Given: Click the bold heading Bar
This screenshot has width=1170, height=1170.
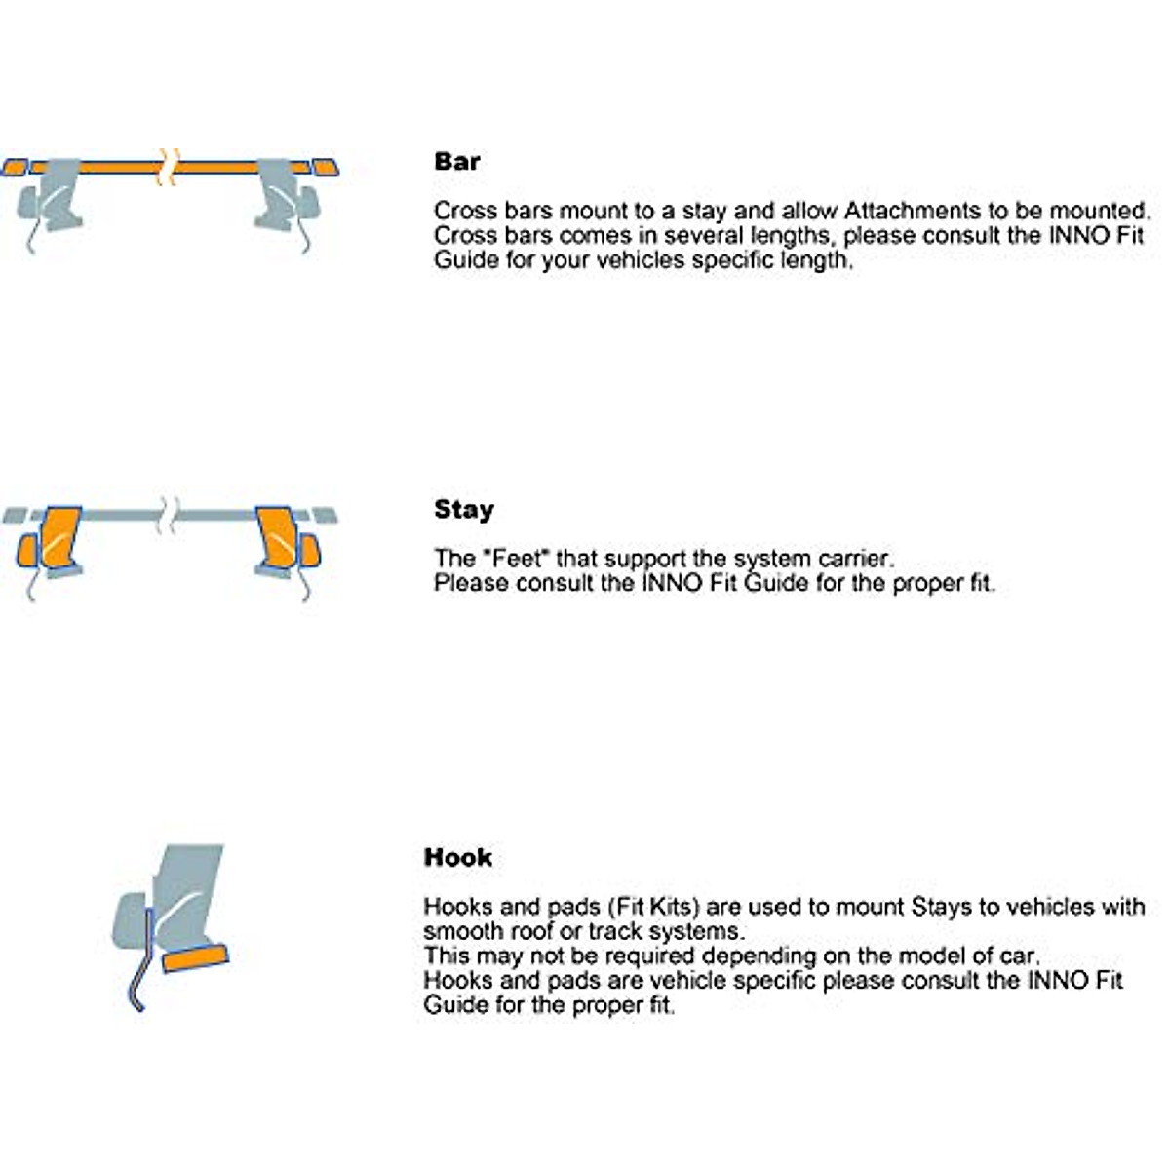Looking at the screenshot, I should click(457, 162).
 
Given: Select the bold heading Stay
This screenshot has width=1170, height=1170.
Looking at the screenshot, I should click(464, 510).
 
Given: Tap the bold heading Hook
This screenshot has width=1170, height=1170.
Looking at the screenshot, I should click(458, 858).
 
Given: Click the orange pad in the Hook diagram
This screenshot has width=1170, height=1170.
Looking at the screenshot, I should click(195, 959).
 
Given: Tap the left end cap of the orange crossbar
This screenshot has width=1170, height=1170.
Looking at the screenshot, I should click(14, 168).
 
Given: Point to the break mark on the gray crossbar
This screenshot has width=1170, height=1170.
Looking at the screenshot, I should click(169, 515).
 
